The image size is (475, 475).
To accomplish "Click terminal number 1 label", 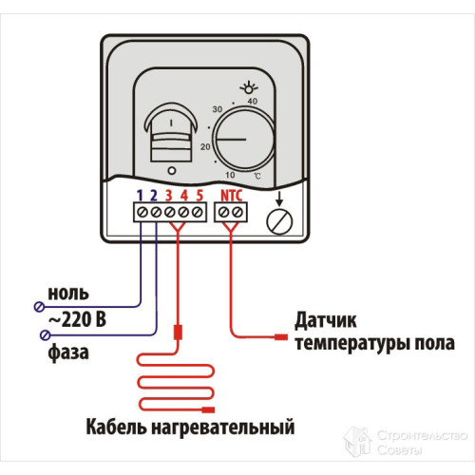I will point(140,196).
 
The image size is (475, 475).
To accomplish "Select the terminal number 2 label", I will point(154,196).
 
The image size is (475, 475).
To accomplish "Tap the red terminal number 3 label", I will point(169,196).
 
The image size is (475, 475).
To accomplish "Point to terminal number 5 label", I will point(199,196).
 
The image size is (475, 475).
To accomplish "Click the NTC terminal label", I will point(231,196).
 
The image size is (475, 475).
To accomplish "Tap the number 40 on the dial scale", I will point(252,102).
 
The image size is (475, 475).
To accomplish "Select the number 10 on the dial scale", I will point(229,176).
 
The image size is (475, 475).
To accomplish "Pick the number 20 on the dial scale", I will point(204,147).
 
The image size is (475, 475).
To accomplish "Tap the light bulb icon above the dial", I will point(253,86).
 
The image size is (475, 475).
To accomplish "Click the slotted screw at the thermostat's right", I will point(279,222).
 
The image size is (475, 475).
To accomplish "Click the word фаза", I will point(69,353).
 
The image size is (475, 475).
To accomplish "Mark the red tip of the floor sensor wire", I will point(280,337).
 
